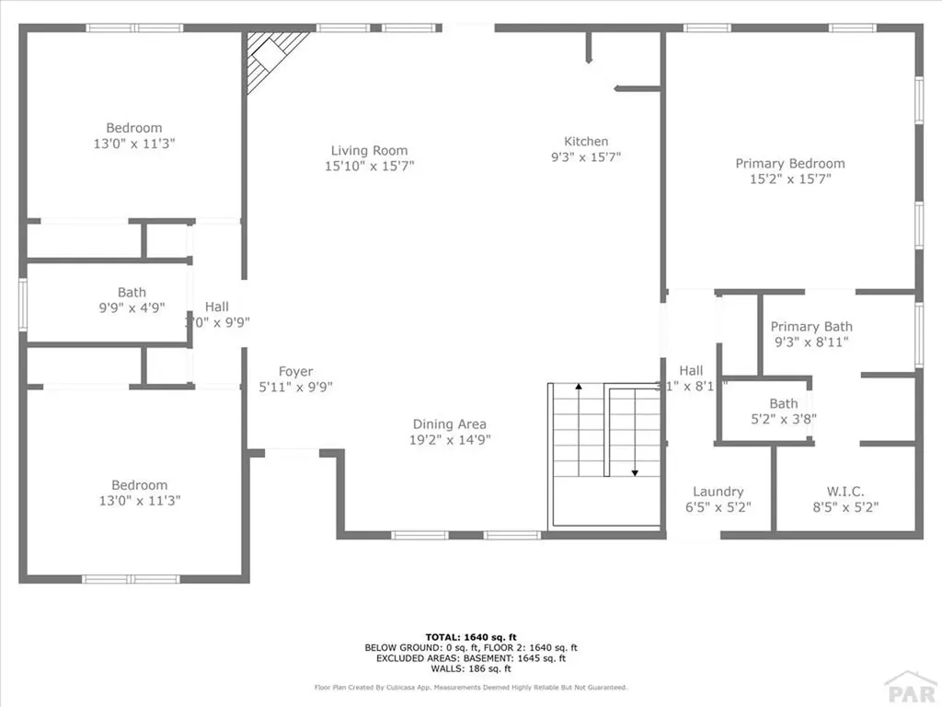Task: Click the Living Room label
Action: [x=369, y=151]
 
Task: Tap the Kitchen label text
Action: [x=586, y=142]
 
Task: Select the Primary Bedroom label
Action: [x=789, y=164]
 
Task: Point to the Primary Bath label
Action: [x=811, y=327]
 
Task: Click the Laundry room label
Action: [x=718, y=492]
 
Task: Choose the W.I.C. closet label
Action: [x=845, y=492]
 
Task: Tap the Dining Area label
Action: [x=449, y=424]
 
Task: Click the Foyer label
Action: [x=296, y=372]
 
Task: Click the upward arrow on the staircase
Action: [x=579, y=388]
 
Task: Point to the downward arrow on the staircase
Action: [x=635, y=472]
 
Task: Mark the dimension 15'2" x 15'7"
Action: [x=789, y=180]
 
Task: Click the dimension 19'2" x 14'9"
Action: [x=451, y=440]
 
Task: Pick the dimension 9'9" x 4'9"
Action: [x=132, y=308]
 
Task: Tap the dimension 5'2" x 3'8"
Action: [x=784, y=419]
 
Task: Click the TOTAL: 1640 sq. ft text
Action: [x=470, y=636]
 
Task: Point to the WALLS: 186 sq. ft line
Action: [x=470, y=668]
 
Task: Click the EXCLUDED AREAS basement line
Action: [x=470, y=657]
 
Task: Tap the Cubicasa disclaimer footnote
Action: [x=470, y=687]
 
